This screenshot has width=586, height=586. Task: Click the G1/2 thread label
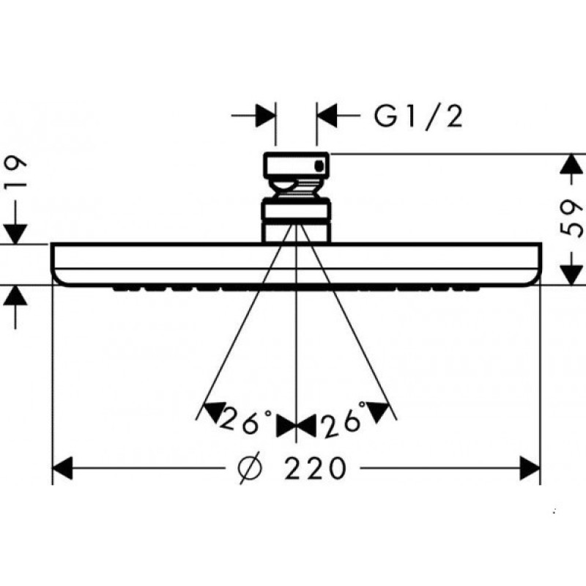(x=418, y=116)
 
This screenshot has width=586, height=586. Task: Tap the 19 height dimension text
(x=15, y=174)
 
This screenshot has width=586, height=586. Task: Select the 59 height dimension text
(x=572, y=218)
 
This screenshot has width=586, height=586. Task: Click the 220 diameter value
(x=315, y=468)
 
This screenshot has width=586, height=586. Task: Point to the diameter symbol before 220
(x=250, y=468)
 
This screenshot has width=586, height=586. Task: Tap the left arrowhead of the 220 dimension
(x=62, y=468)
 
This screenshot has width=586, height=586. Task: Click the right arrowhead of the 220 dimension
(x=530, y=468)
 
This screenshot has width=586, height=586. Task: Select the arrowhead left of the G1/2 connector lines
(x=266, y=116)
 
